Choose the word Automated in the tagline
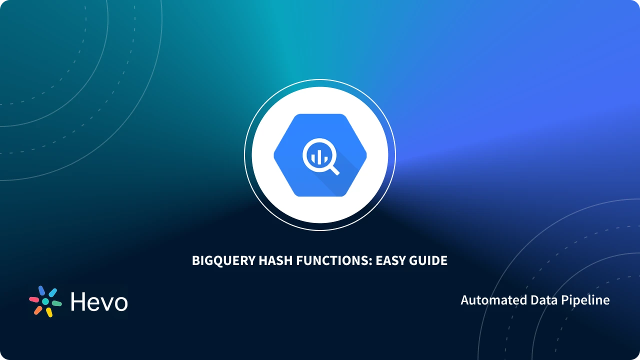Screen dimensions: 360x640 (485, 300)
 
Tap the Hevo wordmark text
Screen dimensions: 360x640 (99, 302)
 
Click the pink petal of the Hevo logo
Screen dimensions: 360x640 (34, 299)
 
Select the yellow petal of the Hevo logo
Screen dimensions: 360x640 (49, 312)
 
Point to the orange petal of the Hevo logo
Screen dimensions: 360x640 (38, 310)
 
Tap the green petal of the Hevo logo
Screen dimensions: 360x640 (56, 303)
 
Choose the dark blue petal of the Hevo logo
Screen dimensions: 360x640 (42, 290)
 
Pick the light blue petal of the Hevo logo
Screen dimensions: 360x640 (52, 292)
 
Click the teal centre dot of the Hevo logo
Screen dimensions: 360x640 (45, 301)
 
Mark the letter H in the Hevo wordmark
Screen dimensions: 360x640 (77, 302)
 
